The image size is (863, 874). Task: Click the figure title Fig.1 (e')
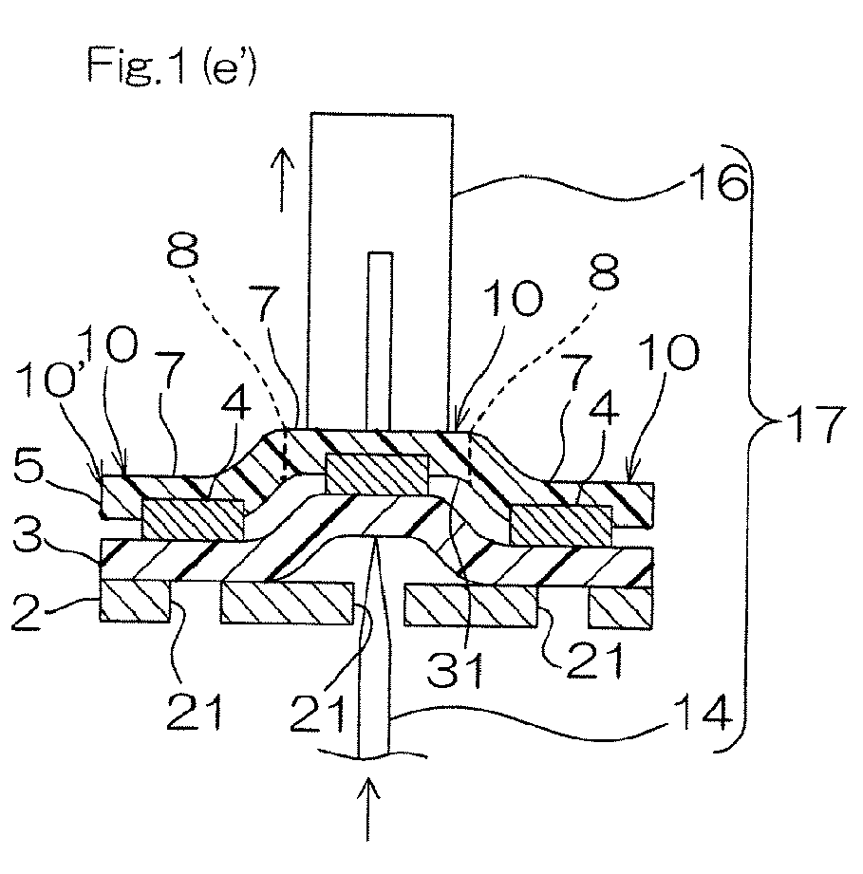(171, 65)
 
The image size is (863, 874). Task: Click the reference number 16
(720, 180)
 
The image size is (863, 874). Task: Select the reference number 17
(815, 423)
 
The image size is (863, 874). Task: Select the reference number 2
(27, 612)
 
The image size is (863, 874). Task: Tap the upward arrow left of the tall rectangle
(283, 179)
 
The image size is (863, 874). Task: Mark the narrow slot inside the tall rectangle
(380, 341)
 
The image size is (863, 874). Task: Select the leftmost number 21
(195, 711)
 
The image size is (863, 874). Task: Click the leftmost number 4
(235, 404)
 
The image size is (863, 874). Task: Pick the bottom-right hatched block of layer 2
(620, 608)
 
